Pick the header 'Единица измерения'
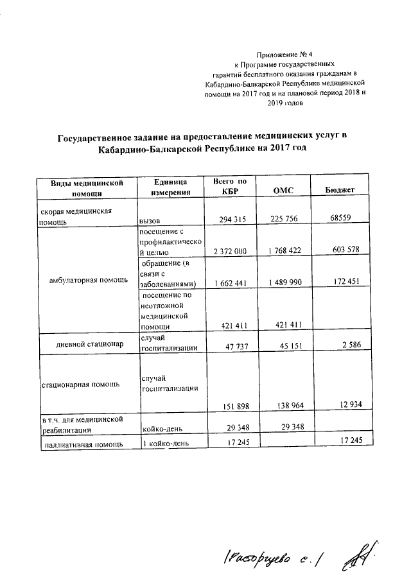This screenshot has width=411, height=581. [x=170, y=187]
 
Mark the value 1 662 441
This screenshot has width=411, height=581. [x=226, y=284]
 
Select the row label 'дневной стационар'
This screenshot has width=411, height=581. [x=88, y=343]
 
